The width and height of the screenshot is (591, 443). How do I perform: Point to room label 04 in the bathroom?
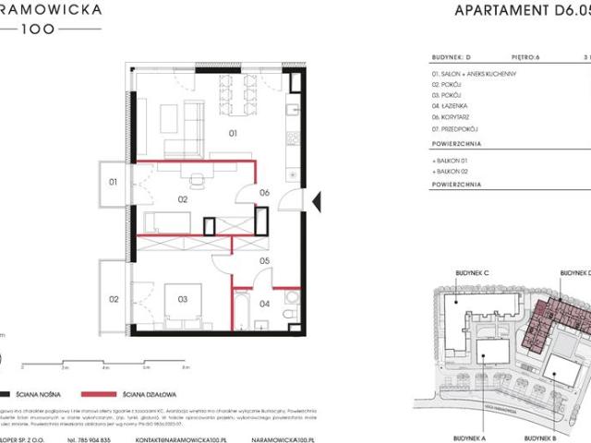263,304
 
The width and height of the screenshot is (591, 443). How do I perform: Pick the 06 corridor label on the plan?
263,193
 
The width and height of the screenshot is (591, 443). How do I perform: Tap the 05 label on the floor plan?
263,261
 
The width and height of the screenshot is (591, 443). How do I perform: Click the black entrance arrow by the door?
317,198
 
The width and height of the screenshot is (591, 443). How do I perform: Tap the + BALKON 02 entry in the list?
450,172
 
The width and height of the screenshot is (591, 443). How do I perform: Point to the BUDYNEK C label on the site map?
473,273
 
